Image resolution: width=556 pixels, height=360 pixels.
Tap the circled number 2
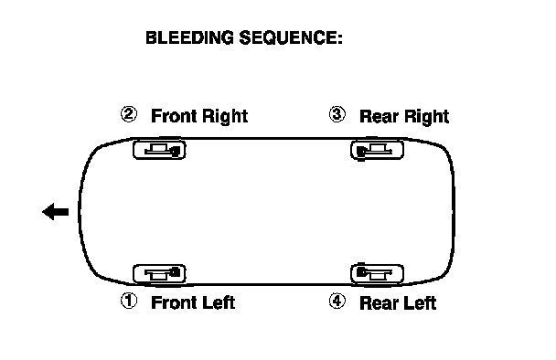tap(129, 114)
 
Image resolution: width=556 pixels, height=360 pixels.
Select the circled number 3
tap(337, 114)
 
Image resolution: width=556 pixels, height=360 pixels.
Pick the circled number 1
tap(129, 301)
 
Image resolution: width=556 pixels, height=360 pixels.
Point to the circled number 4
tap(337, 301)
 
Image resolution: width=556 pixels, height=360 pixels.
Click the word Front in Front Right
tap(172, 116)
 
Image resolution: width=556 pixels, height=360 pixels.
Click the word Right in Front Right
tap(223, 117)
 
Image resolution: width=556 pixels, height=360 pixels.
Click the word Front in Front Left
tap(172, 302)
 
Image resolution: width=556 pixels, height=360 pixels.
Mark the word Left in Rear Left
tap(420, 303)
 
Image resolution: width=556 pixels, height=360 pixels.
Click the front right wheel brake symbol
tap(159, 150)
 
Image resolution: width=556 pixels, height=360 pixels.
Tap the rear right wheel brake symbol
tap(378, 150)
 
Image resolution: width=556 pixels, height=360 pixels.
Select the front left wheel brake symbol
tap(159, 274)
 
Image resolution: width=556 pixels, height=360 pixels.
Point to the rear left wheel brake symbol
tap(378, 273)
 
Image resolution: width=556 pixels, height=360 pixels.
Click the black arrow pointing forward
tap(55, 212)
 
